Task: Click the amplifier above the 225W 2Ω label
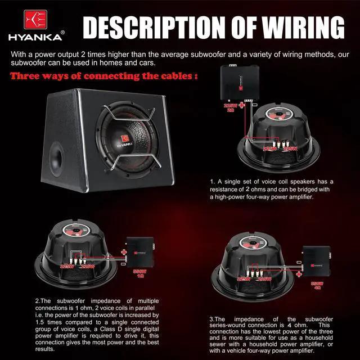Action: coord(240,82)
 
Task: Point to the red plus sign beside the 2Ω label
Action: coord(242,106)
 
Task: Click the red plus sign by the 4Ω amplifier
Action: coord(297,261)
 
